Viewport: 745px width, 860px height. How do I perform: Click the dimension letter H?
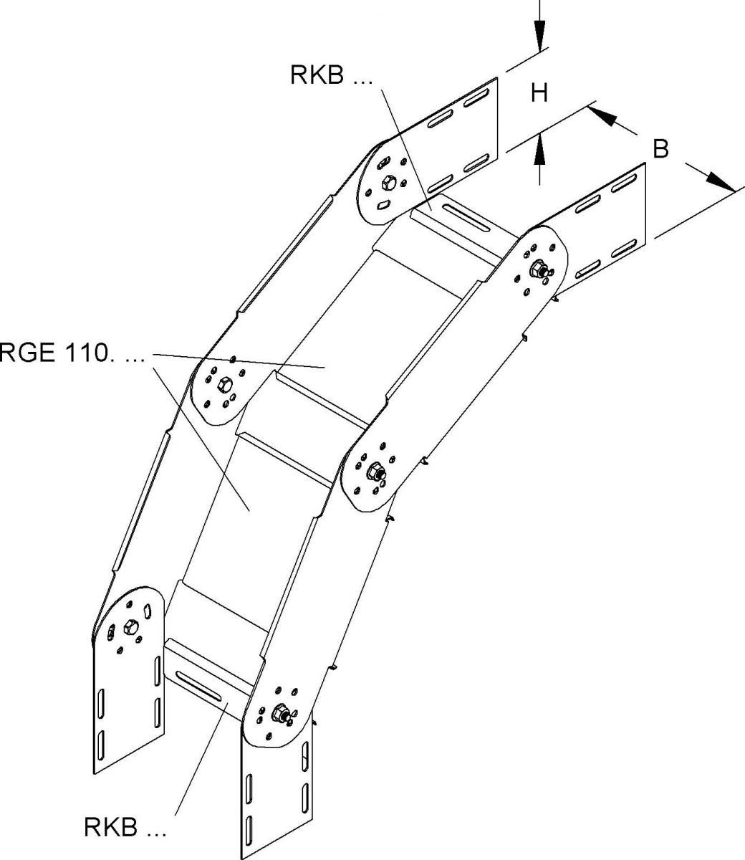[539, 92]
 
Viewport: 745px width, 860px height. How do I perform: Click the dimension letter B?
[660, 149]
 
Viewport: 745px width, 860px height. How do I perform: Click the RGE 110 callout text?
[72, 354]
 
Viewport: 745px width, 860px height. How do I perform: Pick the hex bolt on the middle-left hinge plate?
[223, 386]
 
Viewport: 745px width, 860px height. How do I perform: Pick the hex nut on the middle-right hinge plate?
[375, 472]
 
